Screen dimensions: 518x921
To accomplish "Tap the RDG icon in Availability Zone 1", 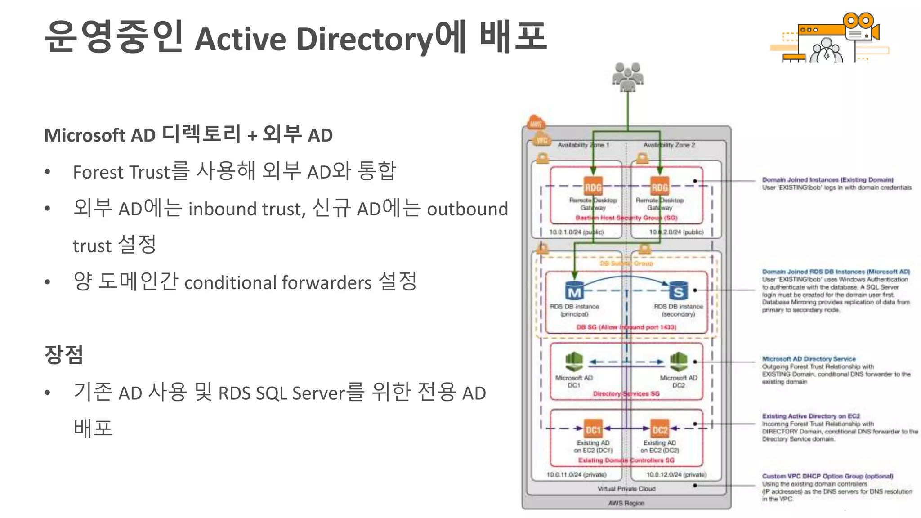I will tap(593, 187).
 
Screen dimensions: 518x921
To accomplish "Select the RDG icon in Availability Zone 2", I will tap(660, 187).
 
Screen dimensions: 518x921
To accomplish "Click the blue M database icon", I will tap(574, 291).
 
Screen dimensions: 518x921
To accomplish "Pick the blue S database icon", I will tap(679, 291).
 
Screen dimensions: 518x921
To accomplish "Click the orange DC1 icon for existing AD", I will tap(593, 429).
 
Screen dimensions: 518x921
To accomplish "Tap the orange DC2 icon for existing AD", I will tap(660, 429).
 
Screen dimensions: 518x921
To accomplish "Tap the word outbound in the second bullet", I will tap(467, 209).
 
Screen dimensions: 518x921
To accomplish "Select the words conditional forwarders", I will tap(278, 283).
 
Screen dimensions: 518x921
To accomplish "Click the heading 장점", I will tap(64, 354).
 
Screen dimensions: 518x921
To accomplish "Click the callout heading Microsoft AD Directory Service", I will tap(809, 359).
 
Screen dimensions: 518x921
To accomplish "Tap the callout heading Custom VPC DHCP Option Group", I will tap(827, 476).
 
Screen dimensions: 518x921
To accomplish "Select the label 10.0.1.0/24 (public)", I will tap(577, 232).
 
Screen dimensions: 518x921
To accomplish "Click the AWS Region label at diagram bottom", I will tap(626, 503).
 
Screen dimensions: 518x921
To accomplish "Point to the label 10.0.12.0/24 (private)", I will tap(676, 474).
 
